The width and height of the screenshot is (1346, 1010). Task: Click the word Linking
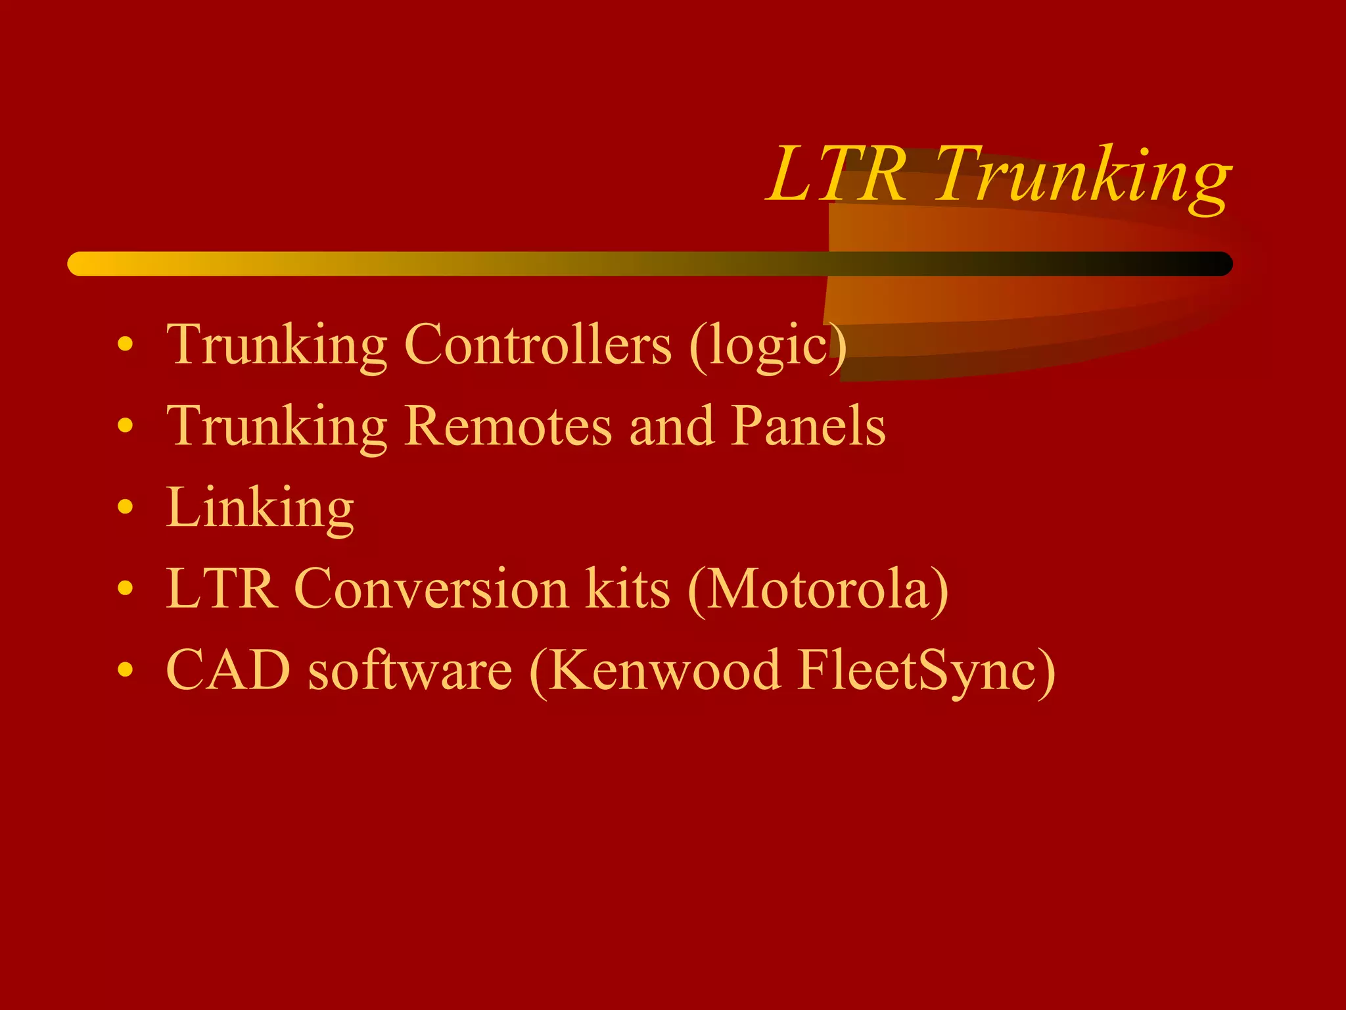click(260, 508)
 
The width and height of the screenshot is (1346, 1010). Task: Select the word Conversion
click(431, 589)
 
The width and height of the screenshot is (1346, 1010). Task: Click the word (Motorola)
click(818, 590)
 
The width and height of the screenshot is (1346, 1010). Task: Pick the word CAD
click(228, 670)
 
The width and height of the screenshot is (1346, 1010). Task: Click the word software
click(410, 671)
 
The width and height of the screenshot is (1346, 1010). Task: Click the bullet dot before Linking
click(125, 507)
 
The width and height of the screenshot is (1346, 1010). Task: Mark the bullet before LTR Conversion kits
click(125, 589)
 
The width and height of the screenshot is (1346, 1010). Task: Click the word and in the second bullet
click(672, 426)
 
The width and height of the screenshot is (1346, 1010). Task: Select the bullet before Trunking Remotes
click(125, 425)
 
